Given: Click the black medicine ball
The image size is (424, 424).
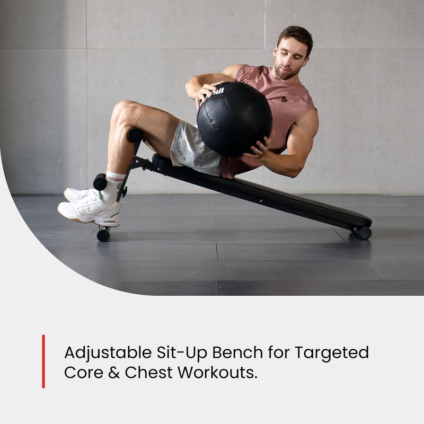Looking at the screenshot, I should pos(234,119).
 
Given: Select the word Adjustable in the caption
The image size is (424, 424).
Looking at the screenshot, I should pos(106,352).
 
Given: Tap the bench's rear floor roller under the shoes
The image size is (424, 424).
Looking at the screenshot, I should pos(103,234).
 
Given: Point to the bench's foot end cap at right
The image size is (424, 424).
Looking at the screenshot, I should pos(364,232).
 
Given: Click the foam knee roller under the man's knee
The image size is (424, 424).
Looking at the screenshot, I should pos(135,135).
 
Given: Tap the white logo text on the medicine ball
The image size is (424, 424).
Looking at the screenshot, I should pos(217,92).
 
